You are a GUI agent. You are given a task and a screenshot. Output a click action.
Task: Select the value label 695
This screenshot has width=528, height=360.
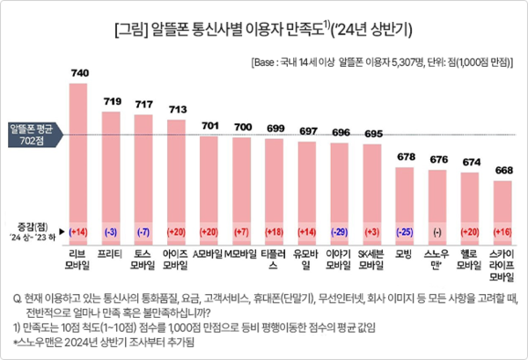tap(373, 133)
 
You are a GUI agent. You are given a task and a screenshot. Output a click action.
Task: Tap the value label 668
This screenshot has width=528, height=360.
tap(502, 169)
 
